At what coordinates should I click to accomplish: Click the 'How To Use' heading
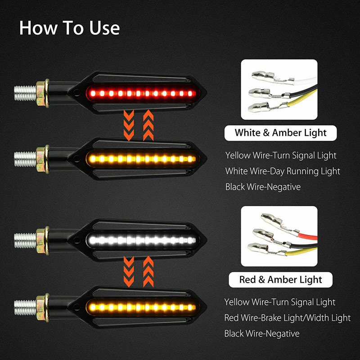(69, 28)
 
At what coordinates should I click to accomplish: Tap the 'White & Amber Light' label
(280, 133)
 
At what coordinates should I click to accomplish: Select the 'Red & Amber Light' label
(280, 279)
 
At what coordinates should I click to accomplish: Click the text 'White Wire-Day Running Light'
(283, 171)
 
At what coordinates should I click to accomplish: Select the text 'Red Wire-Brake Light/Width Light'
(287, 318)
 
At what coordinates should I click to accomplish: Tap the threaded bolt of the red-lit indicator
(25, 93)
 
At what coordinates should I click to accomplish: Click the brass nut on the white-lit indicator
(43, 240)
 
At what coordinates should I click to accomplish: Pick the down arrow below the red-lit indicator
(129, 125)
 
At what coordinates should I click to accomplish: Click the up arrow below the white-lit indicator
(148, 272)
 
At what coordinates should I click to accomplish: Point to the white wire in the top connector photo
(306, 81)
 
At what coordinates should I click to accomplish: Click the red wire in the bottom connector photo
(308, 236)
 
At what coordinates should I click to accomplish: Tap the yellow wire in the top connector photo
(302, 99)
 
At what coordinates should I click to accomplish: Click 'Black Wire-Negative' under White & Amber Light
(263, 187)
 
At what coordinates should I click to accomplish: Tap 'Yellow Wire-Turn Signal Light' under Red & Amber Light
(279, 302)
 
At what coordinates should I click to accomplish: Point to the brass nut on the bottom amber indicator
(43, 308)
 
